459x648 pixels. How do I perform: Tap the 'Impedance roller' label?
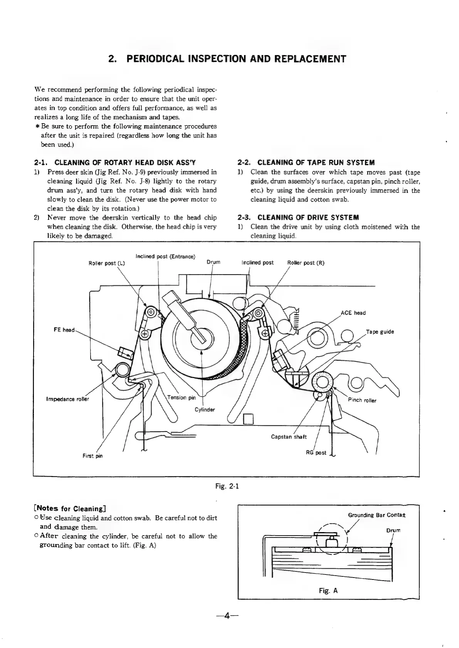click(67, 399)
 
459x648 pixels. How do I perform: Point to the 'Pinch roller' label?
click(362, 400)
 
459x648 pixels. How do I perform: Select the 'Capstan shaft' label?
click(289, 437)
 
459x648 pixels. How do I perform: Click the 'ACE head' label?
click(353, 313)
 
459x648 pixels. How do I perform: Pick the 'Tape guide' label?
click(380, 332)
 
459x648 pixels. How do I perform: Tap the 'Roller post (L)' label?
click(107, 263)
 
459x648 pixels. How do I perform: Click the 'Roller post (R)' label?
click(306, 263)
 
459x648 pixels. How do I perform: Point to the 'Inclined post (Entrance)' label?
click(165, 256)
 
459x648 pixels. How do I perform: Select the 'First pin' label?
click(92, 456)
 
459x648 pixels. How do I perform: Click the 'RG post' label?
click(316, 453)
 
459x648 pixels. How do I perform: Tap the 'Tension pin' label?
click(182, 397)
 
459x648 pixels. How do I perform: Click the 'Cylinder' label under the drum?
click(204, 409)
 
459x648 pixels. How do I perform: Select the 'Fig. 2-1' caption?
click(227, 486)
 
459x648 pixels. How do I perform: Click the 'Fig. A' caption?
click(328, 591)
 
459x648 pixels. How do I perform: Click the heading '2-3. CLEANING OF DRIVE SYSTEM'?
click(298, 218)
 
